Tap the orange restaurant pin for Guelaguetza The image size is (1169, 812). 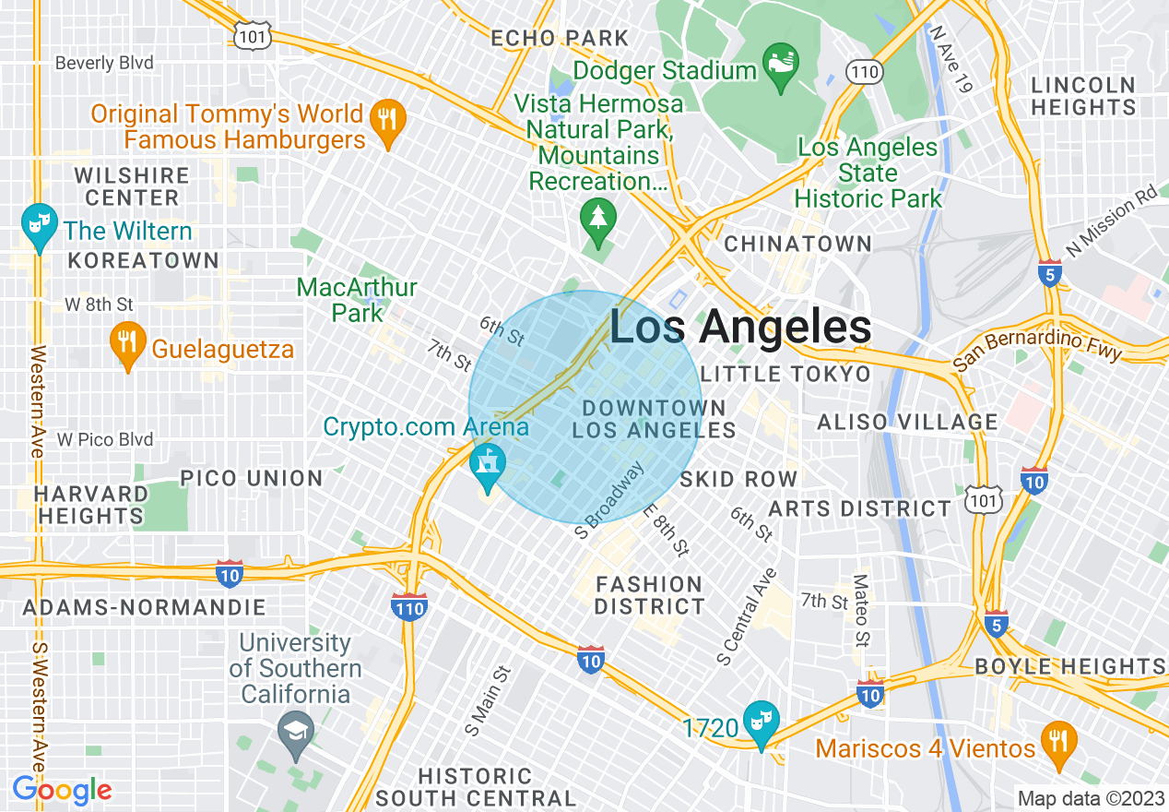pyautogui.click(x=127, y=345)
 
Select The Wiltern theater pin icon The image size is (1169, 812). pyautogui.click(x=39, y=226)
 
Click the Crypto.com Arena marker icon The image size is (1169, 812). pyautogui.click(x=487, y=465)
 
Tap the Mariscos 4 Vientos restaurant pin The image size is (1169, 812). pyautogui.click(x=1057, y=743)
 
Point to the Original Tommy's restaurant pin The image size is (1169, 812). pyautogui.click(x=388, y=122)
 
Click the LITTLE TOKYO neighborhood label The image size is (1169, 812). pyautogui.click(x=785, y=374)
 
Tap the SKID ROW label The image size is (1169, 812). pyautogui.click(x=738, y=479)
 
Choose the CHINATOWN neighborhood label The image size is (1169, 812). pyautogui.click(x=797, y=244)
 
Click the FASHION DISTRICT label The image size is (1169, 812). pyautogui.click(x=650, y=595)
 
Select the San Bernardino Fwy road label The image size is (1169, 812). pyautogui.click(x=1037, y=348)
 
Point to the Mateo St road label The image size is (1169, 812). pyautogui.click(x=861, y=610)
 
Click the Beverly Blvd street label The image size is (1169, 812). pyautogui.click(x=104, y=64)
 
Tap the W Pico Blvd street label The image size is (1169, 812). pyautogui.click(x=105, y=439)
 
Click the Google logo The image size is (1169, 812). pyautogui.click(x=63, y=790)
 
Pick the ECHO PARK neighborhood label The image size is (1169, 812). pyautogui.click(x=560, y=39)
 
